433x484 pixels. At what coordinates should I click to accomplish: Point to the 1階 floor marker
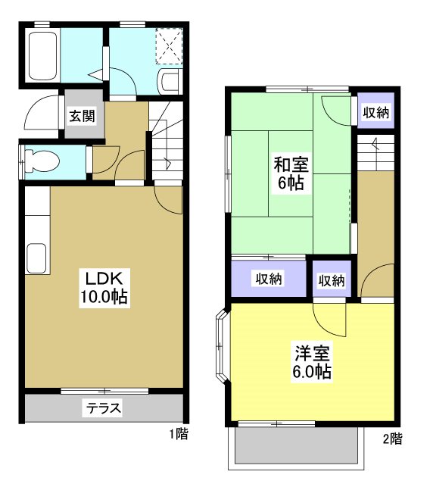(x=179, y=435)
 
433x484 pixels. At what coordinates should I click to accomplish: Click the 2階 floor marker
(x=391, y=439)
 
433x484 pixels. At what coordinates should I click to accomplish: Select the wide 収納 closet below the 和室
(x=268, y=279)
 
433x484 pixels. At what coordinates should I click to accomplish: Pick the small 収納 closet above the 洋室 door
(x=331, y=280)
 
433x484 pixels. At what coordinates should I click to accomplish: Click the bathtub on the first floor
(x=43, y=57)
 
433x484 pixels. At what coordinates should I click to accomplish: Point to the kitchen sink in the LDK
(x=36, y=260)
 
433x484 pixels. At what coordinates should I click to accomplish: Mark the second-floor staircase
(x=375, y=155)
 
